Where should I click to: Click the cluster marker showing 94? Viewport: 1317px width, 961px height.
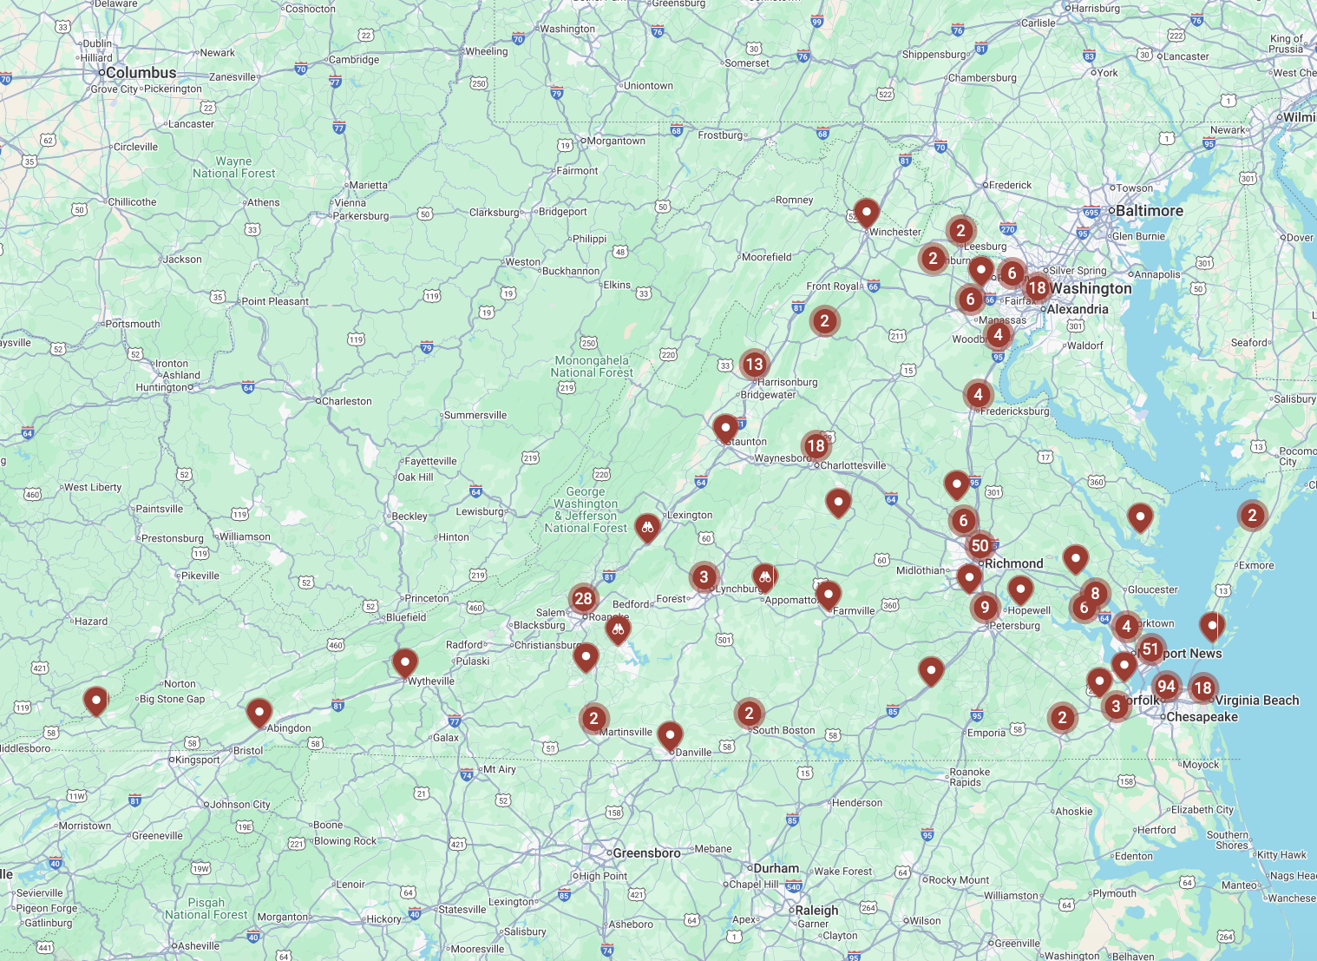click(1166, 687)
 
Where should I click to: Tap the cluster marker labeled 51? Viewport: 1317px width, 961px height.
click(1150, 649)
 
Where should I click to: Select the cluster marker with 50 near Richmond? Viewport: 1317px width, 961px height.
click(980, 546)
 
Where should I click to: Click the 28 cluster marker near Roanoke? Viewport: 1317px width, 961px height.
click(583, 598)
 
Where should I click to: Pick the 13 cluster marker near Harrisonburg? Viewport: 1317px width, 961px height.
click(754, 365)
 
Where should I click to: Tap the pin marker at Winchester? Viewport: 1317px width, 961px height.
click(866, 213)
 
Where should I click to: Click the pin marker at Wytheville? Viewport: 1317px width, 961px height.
click(404, 662)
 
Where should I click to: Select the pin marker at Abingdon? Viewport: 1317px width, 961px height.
click(259, 713)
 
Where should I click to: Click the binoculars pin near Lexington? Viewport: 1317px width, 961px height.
click(647, 527)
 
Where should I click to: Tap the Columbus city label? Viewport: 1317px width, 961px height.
click(141, 73)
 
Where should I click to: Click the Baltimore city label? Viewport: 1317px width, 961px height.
click(1149, 211)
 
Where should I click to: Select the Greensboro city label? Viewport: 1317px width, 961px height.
click(646, 853)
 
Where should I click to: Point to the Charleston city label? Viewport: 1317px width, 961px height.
click(346, 402)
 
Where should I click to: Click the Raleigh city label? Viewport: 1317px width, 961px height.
click(816, 911)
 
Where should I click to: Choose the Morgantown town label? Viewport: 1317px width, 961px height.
click(616, 142)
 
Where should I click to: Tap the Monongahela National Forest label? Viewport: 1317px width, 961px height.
click(592, 366)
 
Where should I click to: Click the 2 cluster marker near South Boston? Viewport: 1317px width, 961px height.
click(749, 714)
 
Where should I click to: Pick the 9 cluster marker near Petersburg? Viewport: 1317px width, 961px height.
click(984, 608)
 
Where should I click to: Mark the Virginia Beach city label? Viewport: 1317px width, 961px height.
click(1256, 701)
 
